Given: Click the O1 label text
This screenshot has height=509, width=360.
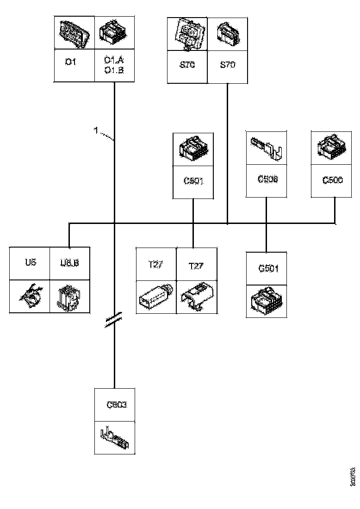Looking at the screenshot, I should [x=70, y=62].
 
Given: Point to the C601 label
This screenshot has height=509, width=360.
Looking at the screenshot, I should [x=193, y=180].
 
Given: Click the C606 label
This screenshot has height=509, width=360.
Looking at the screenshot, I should [x=267, y=179].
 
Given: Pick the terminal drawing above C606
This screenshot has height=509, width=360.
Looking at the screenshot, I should [x=267, y=148].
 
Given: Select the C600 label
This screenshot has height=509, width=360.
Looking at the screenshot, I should [x=333, y=180].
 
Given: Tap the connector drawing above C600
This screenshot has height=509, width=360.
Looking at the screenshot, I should [x=332, y=148].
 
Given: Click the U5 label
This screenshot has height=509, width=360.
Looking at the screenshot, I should [x=31, y=262].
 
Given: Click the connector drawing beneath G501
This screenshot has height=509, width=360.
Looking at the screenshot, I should [x=267, y=301].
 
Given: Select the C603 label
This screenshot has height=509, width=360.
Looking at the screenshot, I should [x=116, y=405].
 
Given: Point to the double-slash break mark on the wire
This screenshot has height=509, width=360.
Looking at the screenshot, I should [x=114, y=320].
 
